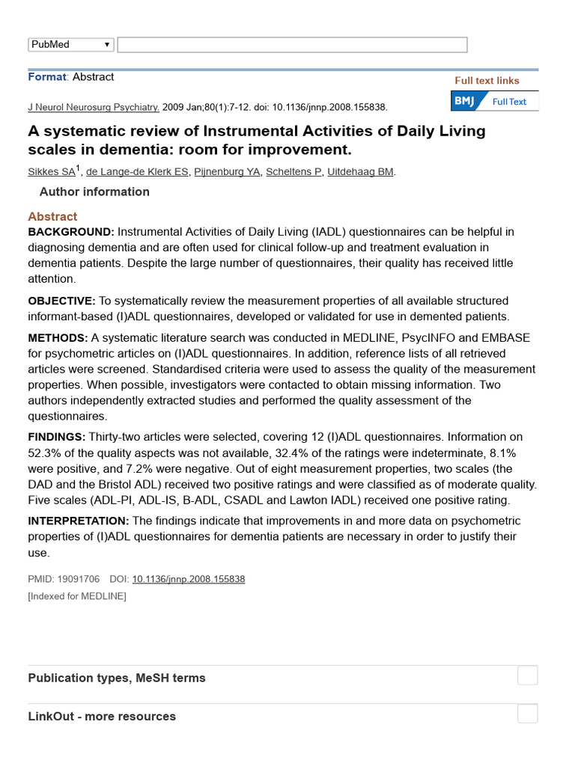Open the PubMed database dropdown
(x=71, y=45)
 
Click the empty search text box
(x=292, y=45)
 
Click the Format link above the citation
(x=47, y=77)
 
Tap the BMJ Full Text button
(x=494, y=102)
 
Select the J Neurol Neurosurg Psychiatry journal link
(x=94, y=107)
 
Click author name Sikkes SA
(x=52, y=172)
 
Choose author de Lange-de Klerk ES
(x=137, y=172)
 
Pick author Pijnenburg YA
(x=228, y=172)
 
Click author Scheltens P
(x=294, y=172)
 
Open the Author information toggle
(x=94, y=192)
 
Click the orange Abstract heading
(x=52, y=217)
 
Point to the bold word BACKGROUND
(x=71, y=233)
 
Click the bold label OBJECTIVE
(x=61, y=301)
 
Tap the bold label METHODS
(x=58, y=338)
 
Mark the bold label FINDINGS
(x=57, y=437)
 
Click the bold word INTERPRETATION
(x=79, y=521)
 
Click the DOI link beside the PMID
(x=188, y=579)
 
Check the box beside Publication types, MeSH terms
(x=528, y=675)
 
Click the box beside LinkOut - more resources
(x=528, y=714)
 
